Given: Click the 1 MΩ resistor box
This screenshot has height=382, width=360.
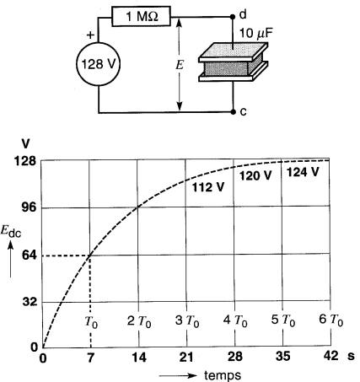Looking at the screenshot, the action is pos(141,16).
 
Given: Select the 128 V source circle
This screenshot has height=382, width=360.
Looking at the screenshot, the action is pos(99,64).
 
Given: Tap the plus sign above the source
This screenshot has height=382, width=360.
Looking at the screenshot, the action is pos(90,35).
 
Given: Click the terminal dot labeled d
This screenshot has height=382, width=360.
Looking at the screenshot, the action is pos(233,17).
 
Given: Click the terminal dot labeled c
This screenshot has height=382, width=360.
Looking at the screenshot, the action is pos(233,112).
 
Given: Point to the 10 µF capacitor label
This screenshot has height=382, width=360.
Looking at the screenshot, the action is pos(256,34).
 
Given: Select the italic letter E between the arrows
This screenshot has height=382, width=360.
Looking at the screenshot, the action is pos(180,65).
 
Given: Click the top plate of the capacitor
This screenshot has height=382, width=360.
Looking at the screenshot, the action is pos(233,52).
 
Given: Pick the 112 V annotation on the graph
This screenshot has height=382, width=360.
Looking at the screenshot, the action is pos(208,187).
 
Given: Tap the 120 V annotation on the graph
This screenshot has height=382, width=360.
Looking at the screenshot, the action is pos(255,176).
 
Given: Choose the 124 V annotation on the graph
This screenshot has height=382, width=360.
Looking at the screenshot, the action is pos(303,172).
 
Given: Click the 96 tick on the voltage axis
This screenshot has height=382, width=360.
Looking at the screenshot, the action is pos(30,207).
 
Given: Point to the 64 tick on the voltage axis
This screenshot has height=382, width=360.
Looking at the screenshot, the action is pos(30,256).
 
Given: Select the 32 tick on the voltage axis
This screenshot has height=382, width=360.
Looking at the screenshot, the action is pos(30,302).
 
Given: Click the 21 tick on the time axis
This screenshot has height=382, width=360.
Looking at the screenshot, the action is pos(186,358).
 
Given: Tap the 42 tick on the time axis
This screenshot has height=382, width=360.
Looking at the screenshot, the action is pos(330,356).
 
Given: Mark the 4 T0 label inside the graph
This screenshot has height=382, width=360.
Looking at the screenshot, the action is pos(235,320).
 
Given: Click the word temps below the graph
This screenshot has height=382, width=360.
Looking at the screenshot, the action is pos(223,375).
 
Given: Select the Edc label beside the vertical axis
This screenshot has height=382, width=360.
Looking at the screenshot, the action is pos(11,232).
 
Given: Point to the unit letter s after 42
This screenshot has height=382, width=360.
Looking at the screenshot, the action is pos(351,357).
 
